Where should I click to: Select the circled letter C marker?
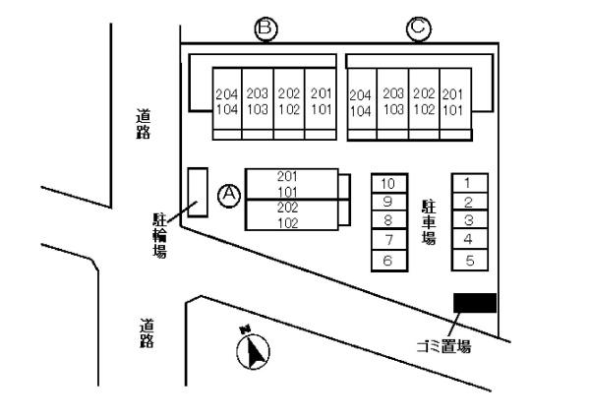(x=417, y=30)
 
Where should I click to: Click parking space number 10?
(x=387, y=184)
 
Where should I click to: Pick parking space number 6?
(x=387, y=261)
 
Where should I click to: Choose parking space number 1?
(x=469, y=183)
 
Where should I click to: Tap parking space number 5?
(x=469, y=261)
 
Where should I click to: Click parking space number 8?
(x=387, y=221)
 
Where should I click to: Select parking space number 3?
(x=469, y=220)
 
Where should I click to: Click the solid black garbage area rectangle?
(x=474, y=303)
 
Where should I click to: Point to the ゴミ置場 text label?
(x=443, y=346)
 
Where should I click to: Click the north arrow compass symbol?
(x=254, y=350)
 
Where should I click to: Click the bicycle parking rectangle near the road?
(x=198, y=192)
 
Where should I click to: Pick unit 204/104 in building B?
(x=227, y=101)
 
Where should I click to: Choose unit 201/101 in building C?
(x=453, y=101)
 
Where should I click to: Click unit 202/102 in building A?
(x=288, y=214)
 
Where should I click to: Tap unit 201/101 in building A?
(x=288, y=183)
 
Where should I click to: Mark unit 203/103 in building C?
(x=392, y=101)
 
